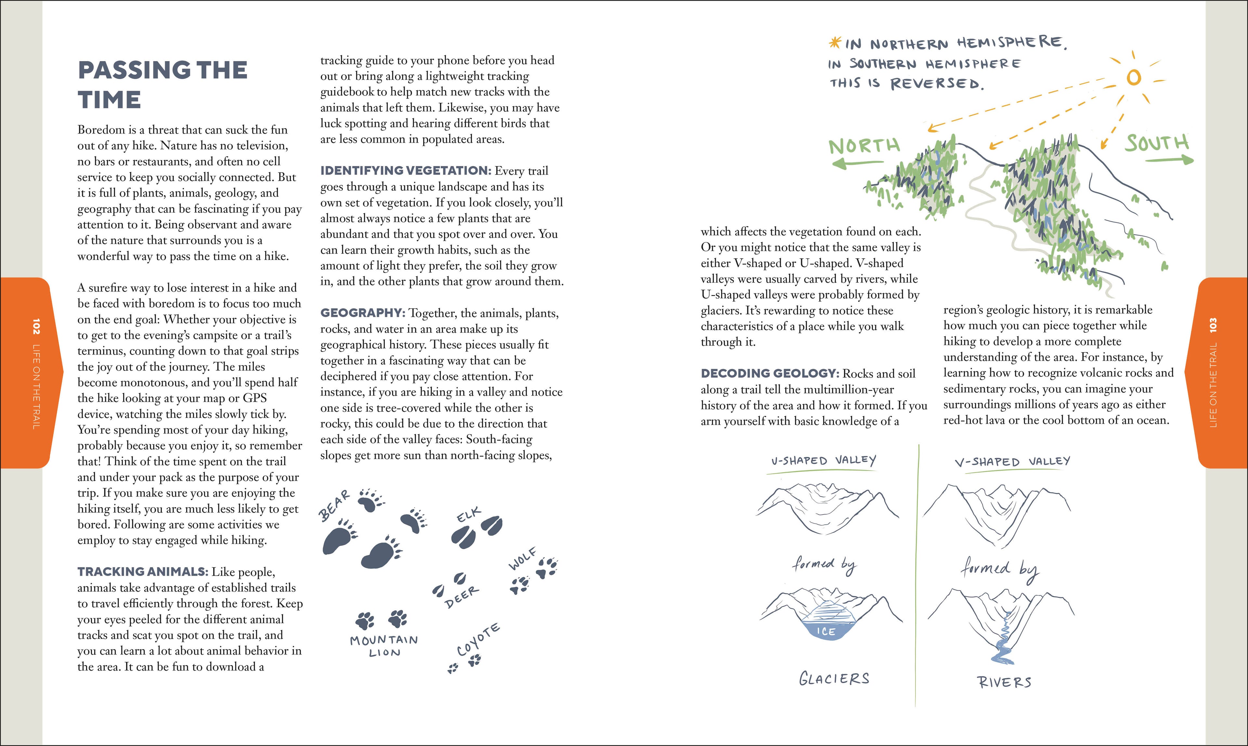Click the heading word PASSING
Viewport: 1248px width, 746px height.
[x=135, y=70]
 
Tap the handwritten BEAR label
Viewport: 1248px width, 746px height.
[x=334, y=505]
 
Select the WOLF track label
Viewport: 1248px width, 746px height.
[x=522, y=559]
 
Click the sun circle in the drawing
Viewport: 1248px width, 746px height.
[x=1133, y=77]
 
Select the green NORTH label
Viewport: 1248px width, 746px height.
[x=864, y=146]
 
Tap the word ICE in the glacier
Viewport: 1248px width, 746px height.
[x=826, y=631]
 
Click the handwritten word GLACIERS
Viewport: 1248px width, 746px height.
[x=834, y=679]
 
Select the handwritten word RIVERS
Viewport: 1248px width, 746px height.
[x=1004, y=682]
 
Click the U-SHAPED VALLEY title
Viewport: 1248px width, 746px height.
[x=824, y=460]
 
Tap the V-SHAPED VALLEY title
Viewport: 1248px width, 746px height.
[x=1012, y=461]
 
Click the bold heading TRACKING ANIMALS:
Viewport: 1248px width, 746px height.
[x=142, y=572]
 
